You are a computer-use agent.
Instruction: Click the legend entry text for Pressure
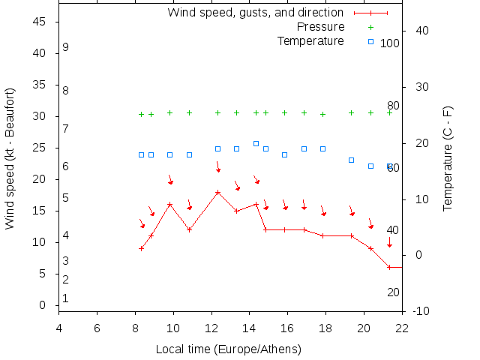[x=320, y=27]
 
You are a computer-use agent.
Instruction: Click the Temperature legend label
[x=310, y=40]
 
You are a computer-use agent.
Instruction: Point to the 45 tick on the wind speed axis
[x=41, y=22]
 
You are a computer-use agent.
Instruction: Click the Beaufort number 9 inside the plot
[x=66, y=47]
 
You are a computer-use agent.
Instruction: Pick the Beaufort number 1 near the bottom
[x=66, y=298]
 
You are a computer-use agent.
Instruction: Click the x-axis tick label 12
[x=211, y=327]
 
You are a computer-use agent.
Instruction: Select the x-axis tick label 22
[x=403, y=327]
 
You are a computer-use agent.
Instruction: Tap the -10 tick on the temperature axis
[x=421, y=311]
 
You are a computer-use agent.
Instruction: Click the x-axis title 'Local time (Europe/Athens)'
[x=228, y=349]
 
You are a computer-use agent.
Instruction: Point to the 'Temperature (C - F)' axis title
[x=448, y=158]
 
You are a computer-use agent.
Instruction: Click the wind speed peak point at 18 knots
[x=217, y=192]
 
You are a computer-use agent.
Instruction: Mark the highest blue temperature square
[x=256, y=143]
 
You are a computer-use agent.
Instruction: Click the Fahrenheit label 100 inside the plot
[x=390, y=43]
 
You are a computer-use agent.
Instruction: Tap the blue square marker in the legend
[x=370, y=40]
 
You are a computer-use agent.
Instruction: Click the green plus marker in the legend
[x=370, y=27]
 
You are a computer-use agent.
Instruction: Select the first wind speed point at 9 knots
[x=141, y=248]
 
